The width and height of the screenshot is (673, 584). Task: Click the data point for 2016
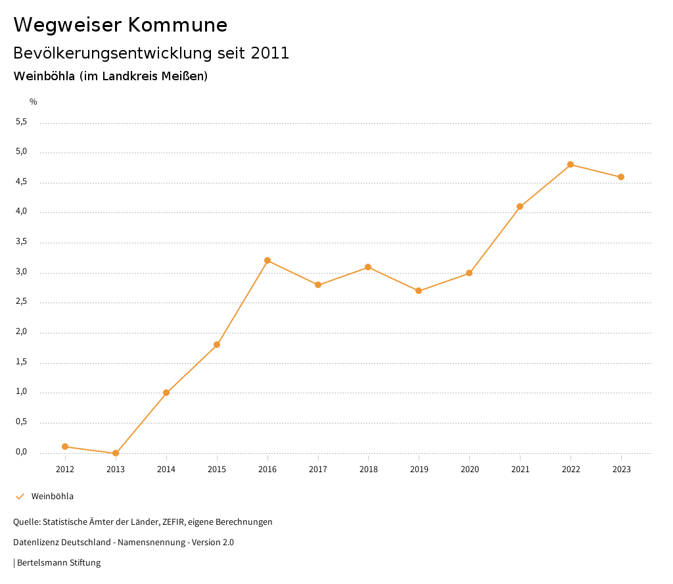point(267,260)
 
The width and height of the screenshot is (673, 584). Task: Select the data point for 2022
point(570,164)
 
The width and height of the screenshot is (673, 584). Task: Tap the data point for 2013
point(116,453)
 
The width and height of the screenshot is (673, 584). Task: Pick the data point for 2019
point(419,291)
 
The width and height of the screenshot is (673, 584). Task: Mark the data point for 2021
point(520,207)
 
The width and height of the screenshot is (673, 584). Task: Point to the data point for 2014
point(166,393)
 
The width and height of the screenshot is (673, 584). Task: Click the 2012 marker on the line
point(65,447)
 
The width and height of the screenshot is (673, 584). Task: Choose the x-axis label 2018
point(368,470)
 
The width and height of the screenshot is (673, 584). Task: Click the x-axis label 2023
point(621,470)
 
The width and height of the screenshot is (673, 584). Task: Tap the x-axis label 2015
point(217,470)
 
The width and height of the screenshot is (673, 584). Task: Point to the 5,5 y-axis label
point(22,122)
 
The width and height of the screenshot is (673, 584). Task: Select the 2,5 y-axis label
point(22,302)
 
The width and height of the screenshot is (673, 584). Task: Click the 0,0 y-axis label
point(22,452)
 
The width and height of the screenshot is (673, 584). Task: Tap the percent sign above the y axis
point(34,102)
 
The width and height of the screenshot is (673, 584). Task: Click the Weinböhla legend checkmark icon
point(20,497)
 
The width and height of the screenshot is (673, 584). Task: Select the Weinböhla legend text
point(53,497)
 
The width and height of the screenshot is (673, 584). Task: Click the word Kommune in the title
point(177,25)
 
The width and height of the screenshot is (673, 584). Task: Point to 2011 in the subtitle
point(270,53)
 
